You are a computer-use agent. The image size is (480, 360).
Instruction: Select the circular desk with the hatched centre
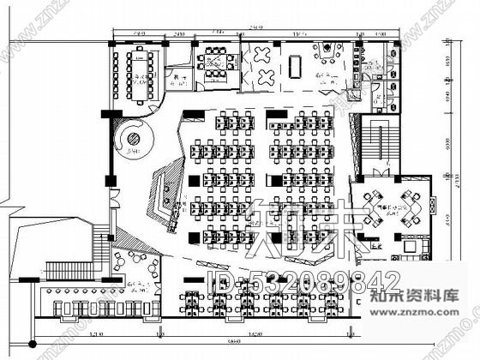(134, 138)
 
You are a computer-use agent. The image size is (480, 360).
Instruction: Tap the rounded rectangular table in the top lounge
(296, 65)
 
